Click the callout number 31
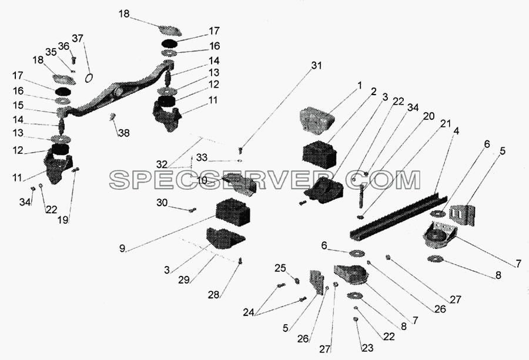coord(316,65)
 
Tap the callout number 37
coord(77,39)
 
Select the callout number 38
coord(124,133)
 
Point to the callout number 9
coord(122,249)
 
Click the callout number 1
coord(359,86)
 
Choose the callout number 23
coord(367,348)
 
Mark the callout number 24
coord(249,312)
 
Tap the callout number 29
coord(184,280)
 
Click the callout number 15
coord(18,106)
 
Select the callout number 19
coord(63,220)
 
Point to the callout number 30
coord(162,203)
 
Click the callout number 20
coord(428,116)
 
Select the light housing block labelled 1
coord(317,119)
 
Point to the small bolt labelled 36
coord(74,60)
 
